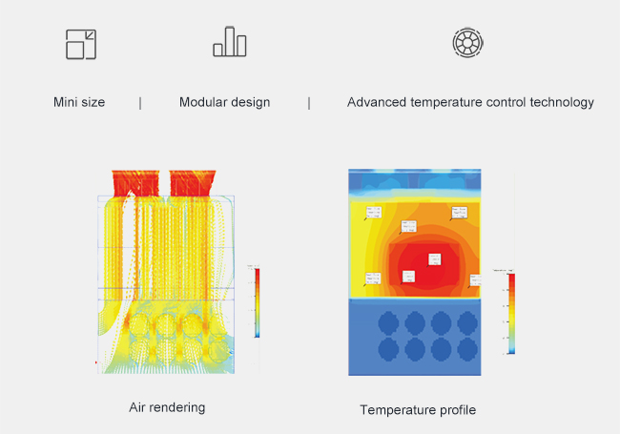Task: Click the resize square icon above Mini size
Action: (x=81, y=45)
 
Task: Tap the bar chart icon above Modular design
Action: (x=230, y=43)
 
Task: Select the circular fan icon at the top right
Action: (x=467, y=43)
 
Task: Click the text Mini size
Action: (x=79, y=102)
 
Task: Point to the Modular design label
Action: (x=224, y=102)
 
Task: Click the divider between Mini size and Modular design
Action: (x=141, y=102)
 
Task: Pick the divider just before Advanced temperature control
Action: (x=309, y=102)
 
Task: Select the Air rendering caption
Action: (x=167, y=407)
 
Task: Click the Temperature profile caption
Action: (x=418, y=410)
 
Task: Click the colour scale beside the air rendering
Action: (x=258, y=301)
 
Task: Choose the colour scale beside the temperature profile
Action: (x=511, y=313)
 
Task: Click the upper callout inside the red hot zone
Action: (x=435, y=259)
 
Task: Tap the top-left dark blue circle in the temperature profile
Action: (x=388, y=321)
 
